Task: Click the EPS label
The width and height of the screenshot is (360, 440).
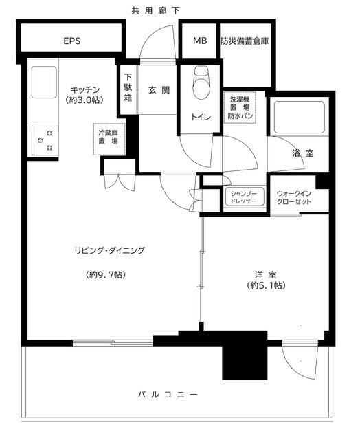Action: click(72, 41)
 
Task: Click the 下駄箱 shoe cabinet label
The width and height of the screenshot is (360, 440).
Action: click(128, 87)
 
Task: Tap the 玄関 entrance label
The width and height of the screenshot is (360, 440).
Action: click(159, 89)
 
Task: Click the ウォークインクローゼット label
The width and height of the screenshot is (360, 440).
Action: click(294, 197)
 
